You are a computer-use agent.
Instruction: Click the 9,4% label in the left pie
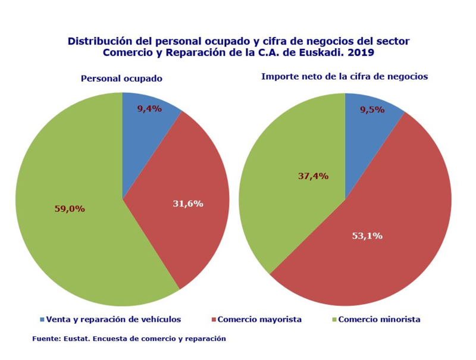tap(149, 109)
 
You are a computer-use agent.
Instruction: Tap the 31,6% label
tap(187, 204)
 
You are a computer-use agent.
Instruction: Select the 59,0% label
tap(69, 209)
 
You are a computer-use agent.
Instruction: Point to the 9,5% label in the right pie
tap(372, 109)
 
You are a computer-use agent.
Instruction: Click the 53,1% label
tap(367, 236)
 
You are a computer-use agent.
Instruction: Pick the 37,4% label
tap(313, 176)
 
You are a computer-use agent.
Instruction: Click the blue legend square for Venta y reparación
tap(42, 320)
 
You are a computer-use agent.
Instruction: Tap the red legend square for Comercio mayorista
tap(214, 320)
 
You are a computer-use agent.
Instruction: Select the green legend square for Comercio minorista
tap(334, 320)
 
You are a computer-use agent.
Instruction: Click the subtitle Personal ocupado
tap(122, 79)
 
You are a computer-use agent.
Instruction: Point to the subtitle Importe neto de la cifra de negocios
tap(345, 77)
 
